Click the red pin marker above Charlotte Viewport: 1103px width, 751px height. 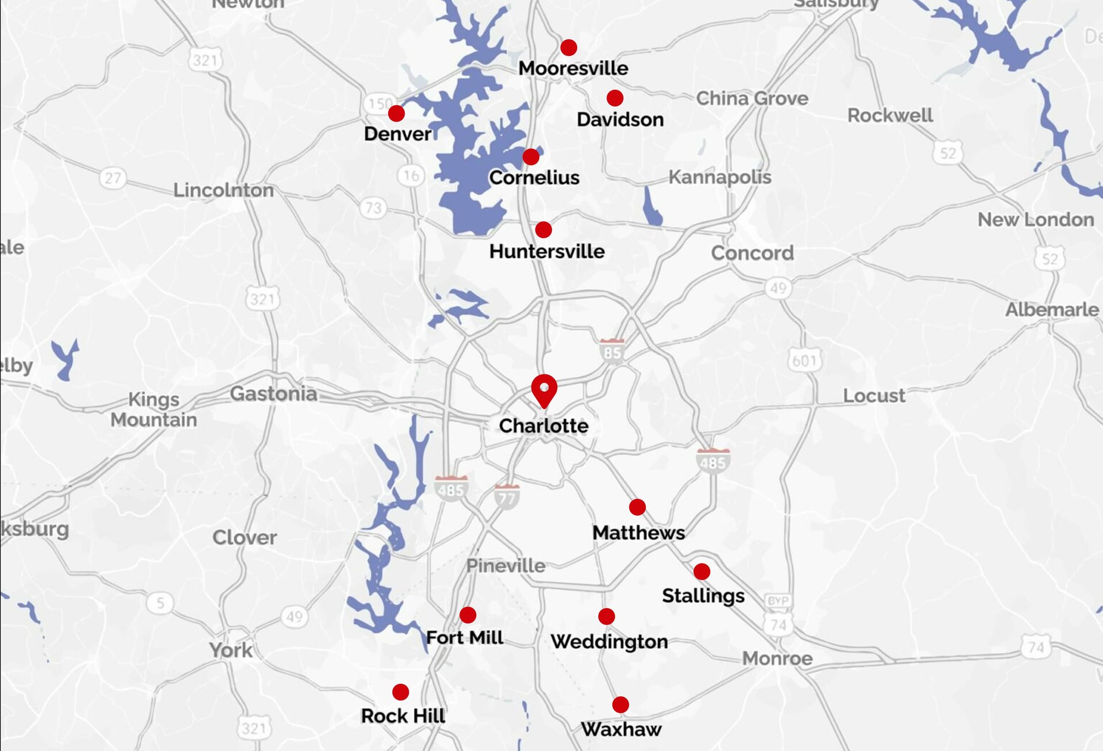pyautogui.click(x=544, y=389)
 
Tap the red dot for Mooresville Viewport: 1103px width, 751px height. pyautogui.click(x=569, y=47)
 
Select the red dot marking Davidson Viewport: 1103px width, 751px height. pyautogui.click(x=615, y=98)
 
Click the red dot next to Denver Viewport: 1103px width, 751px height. pyautogui.click(x=396, y=114)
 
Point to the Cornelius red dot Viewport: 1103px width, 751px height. pyautogui.click(x=531, y=157)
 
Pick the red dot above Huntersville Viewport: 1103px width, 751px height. pyautogui.click(x=543, y=230)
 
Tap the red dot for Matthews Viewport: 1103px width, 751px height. pyautogui.click(x=638, y=507)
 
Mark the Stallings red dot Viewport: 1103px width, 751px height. pyautogui.click(x=702, y=571)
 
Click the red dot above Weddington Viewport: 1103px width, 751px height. pyautogui.click(x=607, y=616)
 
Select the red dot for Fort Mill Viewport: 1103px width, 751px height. pyautogui.click(x=468, y=615)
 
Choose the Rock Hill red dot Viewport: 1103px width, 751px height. pyautogui.click(x=400, y=692)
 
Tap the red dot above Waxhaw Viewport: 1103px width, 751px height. pyautogui.click(x=620, y=705)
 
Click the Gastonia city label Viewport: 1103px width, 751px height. pyautogui.click(x=274, y=393)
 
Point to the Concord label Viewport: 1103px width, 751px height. pyautogui.click(x=752, y=253)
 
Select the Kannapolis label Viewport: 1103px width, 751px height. pyautogui.click(x=720, y=177)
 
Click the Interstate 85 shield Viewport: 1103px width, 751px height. pyautogui.click(x=612, y=351)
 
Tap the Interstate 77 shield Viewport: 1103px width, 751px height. pyautogui.click(x=506, y=497)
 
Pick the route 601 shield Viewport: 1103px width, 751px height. pyautogui.click(x=805, y=361)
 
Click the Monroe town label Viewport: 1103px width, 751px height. pyautogui.click(x=777, y=658)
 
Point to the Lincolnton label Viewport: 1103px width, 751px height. pyautogui.click(x=223, y=190)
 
